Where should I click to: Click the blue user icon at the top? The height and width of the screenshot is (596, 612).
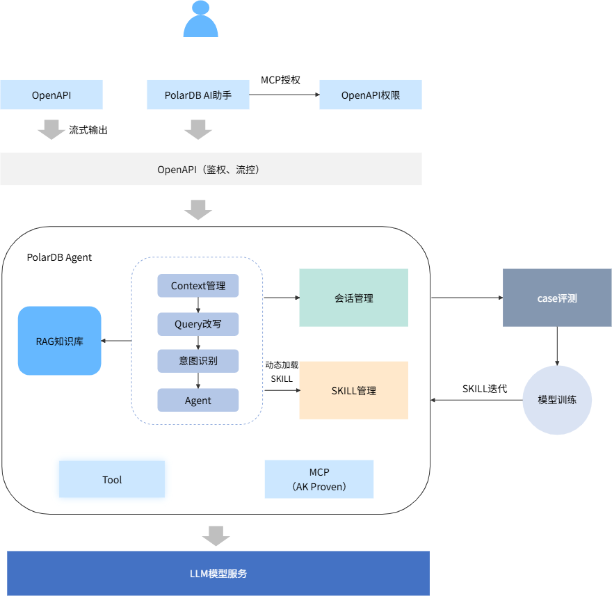[200, 19]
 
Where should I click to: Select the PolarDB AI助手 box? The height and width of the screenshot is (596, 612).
[198, 95]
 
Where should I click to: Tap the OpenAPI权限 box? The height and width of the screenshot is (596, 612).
[371, 95]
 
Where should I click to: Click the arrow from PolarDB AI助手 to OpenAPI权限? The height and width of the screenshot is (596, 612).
[284, 95]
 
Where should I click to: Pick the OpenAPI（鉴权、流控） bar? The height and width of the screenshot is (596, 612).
[211, 169]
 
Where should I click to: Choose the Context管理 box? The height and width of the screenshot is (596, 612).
[198, 286]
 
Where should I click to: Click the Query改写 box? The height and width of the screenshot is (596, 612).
[198, 324]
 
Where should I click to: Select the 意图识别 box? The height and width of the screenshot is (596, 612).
[198, 361]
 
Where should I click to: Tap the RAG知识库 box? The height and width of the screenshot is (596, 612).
[60, 341]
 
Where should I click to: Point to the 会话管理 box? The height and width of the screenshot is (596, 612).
[353, 298]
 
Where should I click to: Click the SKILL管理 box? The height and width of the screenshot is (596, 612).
[353, 390]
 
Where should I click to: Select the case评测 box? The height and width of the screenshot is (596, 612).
[557, 298]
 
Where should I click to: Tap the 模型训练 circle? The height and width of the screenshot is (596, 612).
[557, 400]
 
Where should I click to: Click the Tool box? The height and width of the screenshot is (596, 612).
[112, 479]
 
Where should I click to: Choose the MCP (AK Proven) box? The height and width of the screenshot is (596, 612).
[319, 479]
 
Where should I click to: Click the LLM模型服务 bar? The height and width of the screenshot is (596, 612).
[218, 573]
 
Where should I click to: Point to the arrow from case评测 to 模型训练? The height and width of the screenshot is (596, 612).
[557, 346]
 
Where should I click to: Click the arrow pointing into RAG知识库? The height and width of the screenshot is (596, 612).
[117, 341]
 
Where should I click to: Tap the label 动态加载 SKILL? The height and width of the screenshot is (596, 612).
[282, 371]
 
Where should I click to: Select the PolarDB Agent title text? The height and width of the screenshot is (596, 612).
[59, 257]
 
